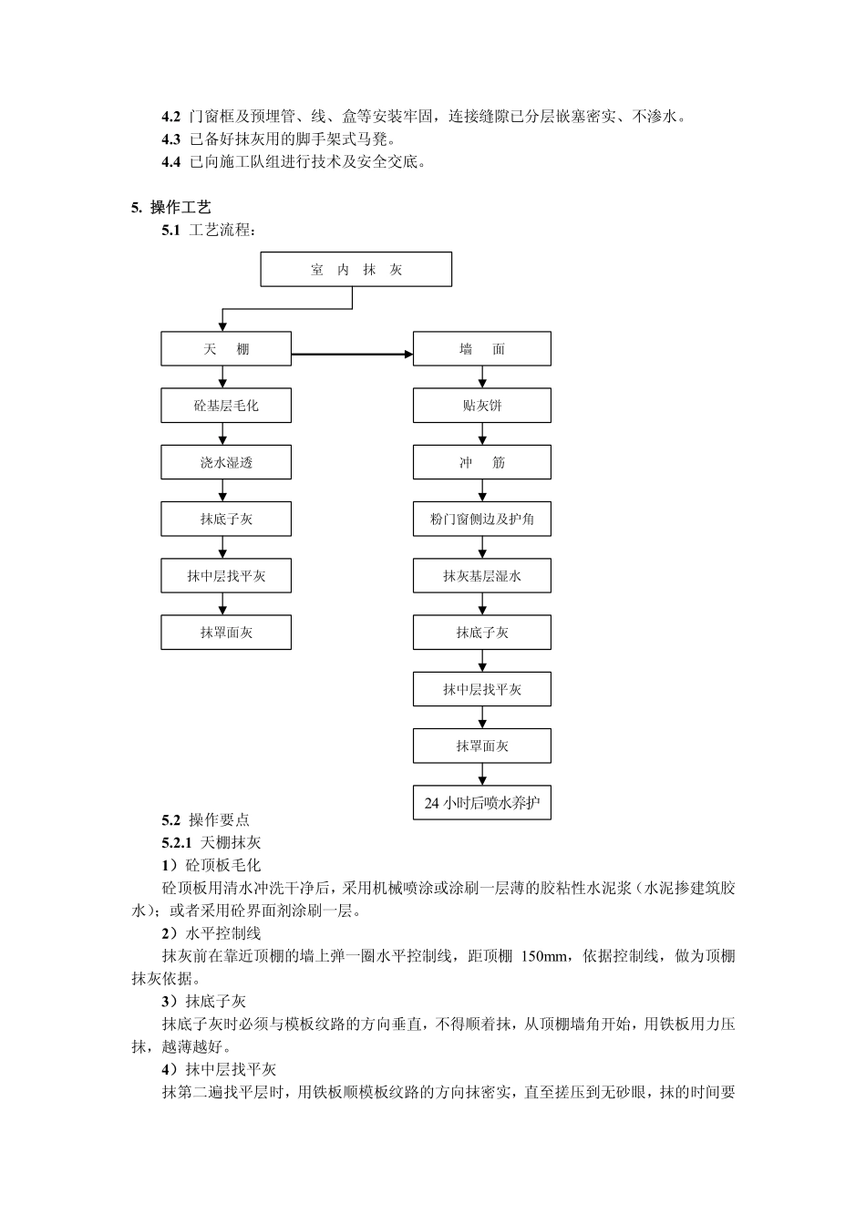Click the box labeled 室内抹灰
pyautogui.click(x=356, y=270)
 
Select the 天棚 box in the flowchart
pyautogui.click(x=226, y=349)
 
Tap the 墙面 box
pyautogui.click(x=481, y=349)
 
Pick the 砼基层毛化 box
pyautogui.click(x=226, y=406)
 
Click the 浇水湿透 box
pyautogui.click(x=226, y=462)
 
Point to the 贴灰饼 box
pyautogui.click(x=481, y=406)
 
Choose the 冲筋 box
pyautogui.click(x=481, y=462)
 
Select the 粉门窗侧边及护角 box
pyautogui.click(x=481, y=520)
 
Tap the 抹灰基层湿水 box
pyautogui.click(x=481, y=576)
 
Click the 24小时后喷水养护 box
pyautogui.click(x=481, y=803)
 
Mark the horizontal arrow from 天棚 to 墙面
pyautogui.click(x=352, y=354)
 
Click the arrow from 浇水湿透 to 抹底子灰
pyautogui.click(x=223, y=490)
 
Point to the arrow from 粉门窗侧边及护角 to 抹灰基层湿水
pyautogui.click(x=482, y=548)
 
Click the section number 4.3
pyautogui.click(x=171, y=139)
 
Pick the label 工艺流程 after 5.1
pyautogui.click(x=222, y=231)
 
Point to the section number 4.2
pyautogui.click(x=171, y=117)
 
